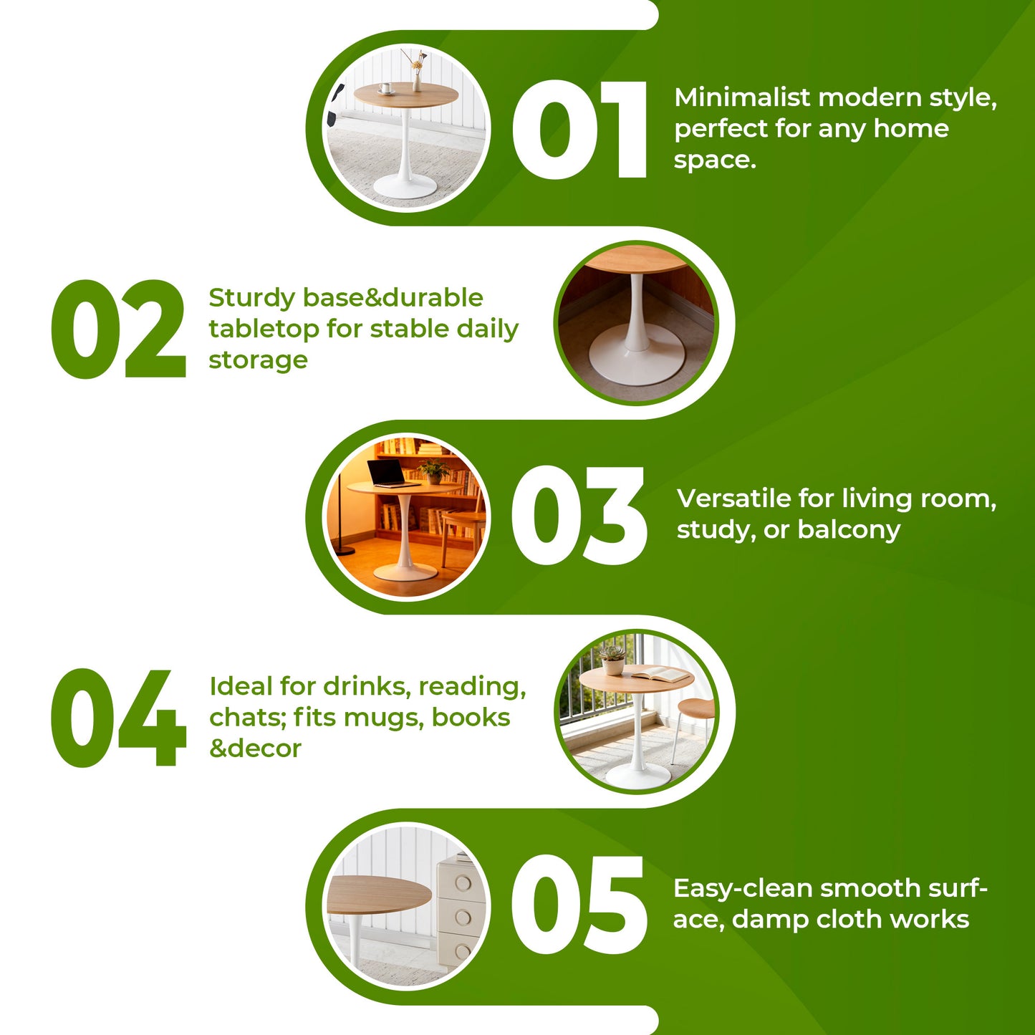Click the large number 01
pos(579,130)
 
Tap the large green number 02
pos(119,329)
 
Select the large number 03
pos(579,516)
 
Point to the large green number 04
pos(119,717)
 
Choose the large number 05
pos(579,905)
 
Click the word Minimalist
pos(742,97)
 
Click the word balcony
pos(849,531)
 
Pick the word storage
pos(259,360)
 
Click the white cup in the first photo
pos(385,88)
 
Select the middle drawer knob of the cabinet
pos(463,918)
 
